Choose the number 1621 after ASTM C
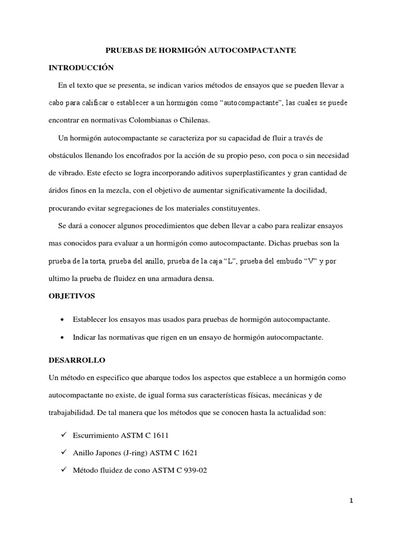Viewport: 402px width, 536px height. [x=189, y=453]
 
